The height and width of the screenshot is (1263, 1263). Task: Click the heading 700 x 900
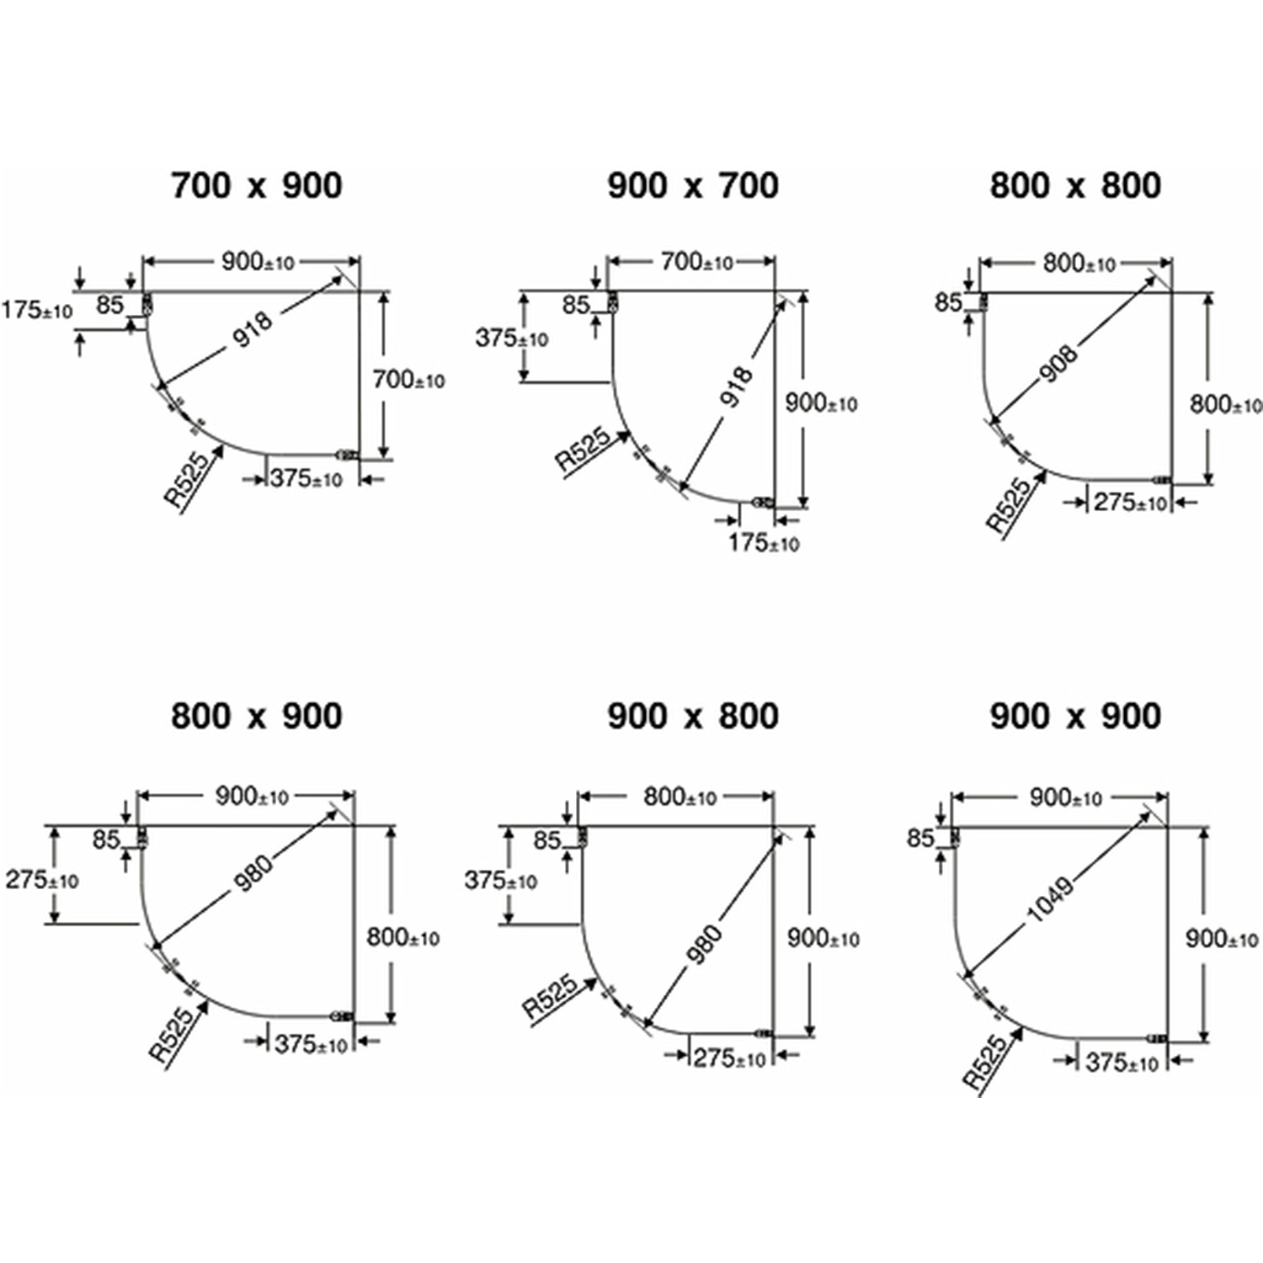click(x=257, y=186)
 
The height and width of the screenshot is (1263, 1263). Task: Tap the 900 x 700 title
click(x=693, y=186)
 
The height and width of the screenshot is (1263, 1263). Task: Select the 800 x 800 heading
click(x=1075, y=186)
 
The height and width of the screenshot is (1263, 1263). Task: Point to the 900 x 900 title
click(x=1075, y=717)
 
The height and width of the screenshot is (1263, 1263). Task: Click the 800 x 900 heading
click(x=257, y=717)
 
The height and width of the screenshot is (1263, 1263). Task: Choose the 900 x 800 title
click(x=693, y=717)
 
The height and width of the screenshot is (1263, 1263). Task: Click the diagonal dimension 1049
click(x=1051, y=898)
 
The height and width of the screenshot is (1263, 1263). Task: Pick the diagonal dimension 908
click(x=1058, y=363)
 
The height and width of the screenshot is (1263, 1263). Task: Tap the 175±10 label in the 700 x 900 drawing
click(x=37, y=310)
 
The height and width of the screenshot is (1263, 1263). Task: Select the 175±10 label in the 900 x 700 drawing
click(x=764, y=542)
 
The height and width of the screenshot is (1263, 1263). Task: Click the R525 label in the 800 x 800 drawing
click(x=1009, y=505)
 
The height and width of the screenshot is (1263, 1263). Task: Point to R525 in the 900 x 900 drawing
click(x=985, y=1063)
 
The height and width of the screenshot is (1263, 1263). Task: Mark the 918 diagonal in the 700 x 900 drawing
click(x=253, y=329)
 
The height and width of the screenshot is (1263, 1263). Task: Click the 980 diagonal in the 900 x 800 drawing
click(x=704, y=943)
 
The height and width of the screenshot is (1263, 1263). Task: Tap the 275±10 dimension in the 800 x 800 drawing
click(x=1130, y=503)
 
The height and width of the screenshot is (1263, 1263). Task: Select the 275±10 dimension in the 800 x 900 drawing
click(x=42, y=880)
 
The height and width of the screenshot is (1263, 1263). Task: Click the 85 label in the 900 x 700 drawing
click(x=576, y=304)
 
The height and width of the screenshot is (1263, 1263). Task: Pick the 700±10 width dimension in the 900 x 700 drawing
click(x=697, y=262)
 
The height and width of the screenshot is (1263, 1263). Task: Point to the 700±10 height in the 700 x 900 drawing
click(x=408, y=381)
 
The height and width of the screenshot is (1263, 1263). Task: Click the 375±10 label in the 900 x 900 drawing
click(x=1122, y=1063)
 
